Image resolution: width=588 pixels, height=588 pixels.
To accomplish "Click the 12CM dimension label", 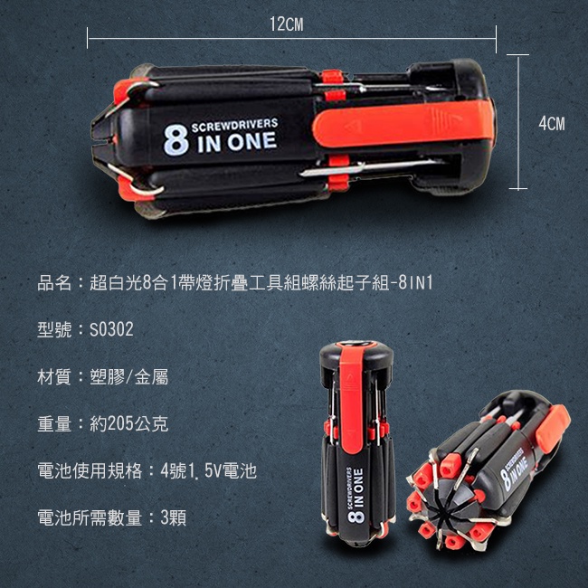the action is (x=287, y=24).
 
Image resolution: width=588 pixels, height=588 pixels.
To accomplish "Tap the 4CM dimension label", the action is (x=552, y=124).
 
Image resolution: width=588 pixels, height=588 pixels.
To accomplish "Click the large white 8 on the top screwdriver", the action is (x=175, y=139).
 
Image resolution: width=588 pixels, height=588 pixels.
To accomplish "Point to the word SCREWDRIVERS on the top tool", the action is (x=235, y=125).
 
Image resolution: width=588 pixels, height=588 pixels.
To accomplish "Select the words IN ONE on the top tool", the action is (x=237, y=143).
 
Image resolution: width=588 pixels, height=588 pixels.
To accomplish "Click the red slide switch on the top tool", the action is (x=403, y=123).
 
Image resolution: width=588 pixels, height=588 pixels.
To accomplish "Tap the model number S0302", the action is (x=111, y=329).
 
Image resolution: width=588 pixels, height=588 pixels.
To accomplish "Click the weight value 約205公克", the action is (x=129, y=424).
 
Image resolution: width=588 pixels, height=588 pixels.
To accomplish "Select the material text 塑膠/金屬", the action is (x=129, y=377).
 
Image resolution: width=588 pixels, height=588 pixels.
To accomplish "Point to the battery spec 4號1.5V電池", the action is (x=208, y=471).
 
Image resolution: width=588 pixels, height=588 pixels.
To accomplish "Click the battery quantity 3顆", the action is (x=174, y=518).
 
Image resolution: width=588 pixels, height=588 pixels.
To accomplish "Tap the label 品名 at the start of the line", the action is (x=54, y=283).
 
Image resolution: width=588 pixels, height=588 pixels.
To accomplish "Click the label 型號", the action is (x=54, y=329).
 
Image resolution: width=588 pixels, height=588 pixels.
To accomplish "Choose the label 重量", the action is (x=54, y=424).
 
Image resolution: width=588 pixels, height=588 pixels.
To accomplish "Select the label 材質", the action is (x=54, y=377).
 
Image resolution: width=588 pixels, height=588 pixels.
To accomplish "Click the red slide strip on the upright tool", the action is (x=351, y=399).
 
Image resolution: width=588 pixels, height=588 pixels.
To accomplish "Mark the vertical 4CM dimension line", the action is (x=517, y=122).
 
